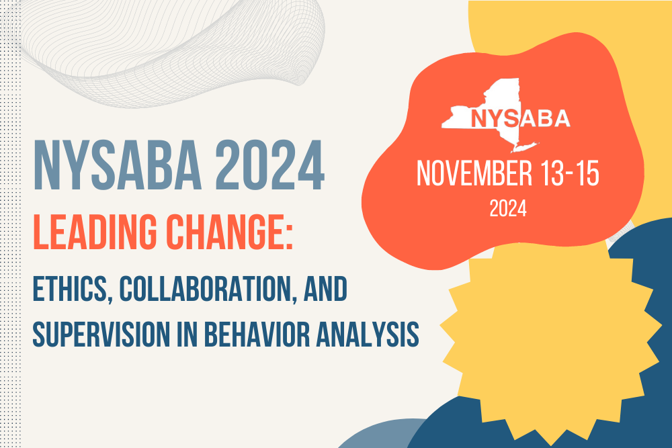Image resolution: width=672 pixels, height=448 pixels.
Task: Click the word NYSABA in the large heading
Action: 117,165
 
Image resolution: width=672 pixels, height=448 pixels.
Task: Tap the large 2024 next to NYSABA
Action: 269,165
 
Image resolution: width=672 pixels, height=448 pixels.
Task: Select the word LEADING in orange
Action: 95,232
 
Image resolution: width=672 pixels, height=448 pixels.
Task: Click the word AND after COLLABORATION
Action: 325,289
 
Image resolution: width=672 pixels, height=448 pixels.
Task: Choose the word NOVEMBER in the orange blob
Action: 474,173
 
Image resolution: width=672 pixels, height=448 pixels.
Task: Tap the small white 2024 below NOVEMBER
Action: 508,209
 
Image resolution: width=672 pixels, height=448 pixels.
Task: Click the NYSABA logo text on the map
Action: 520,119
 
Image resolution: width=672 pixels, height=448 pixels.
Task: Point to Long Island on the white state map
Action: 525,147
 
